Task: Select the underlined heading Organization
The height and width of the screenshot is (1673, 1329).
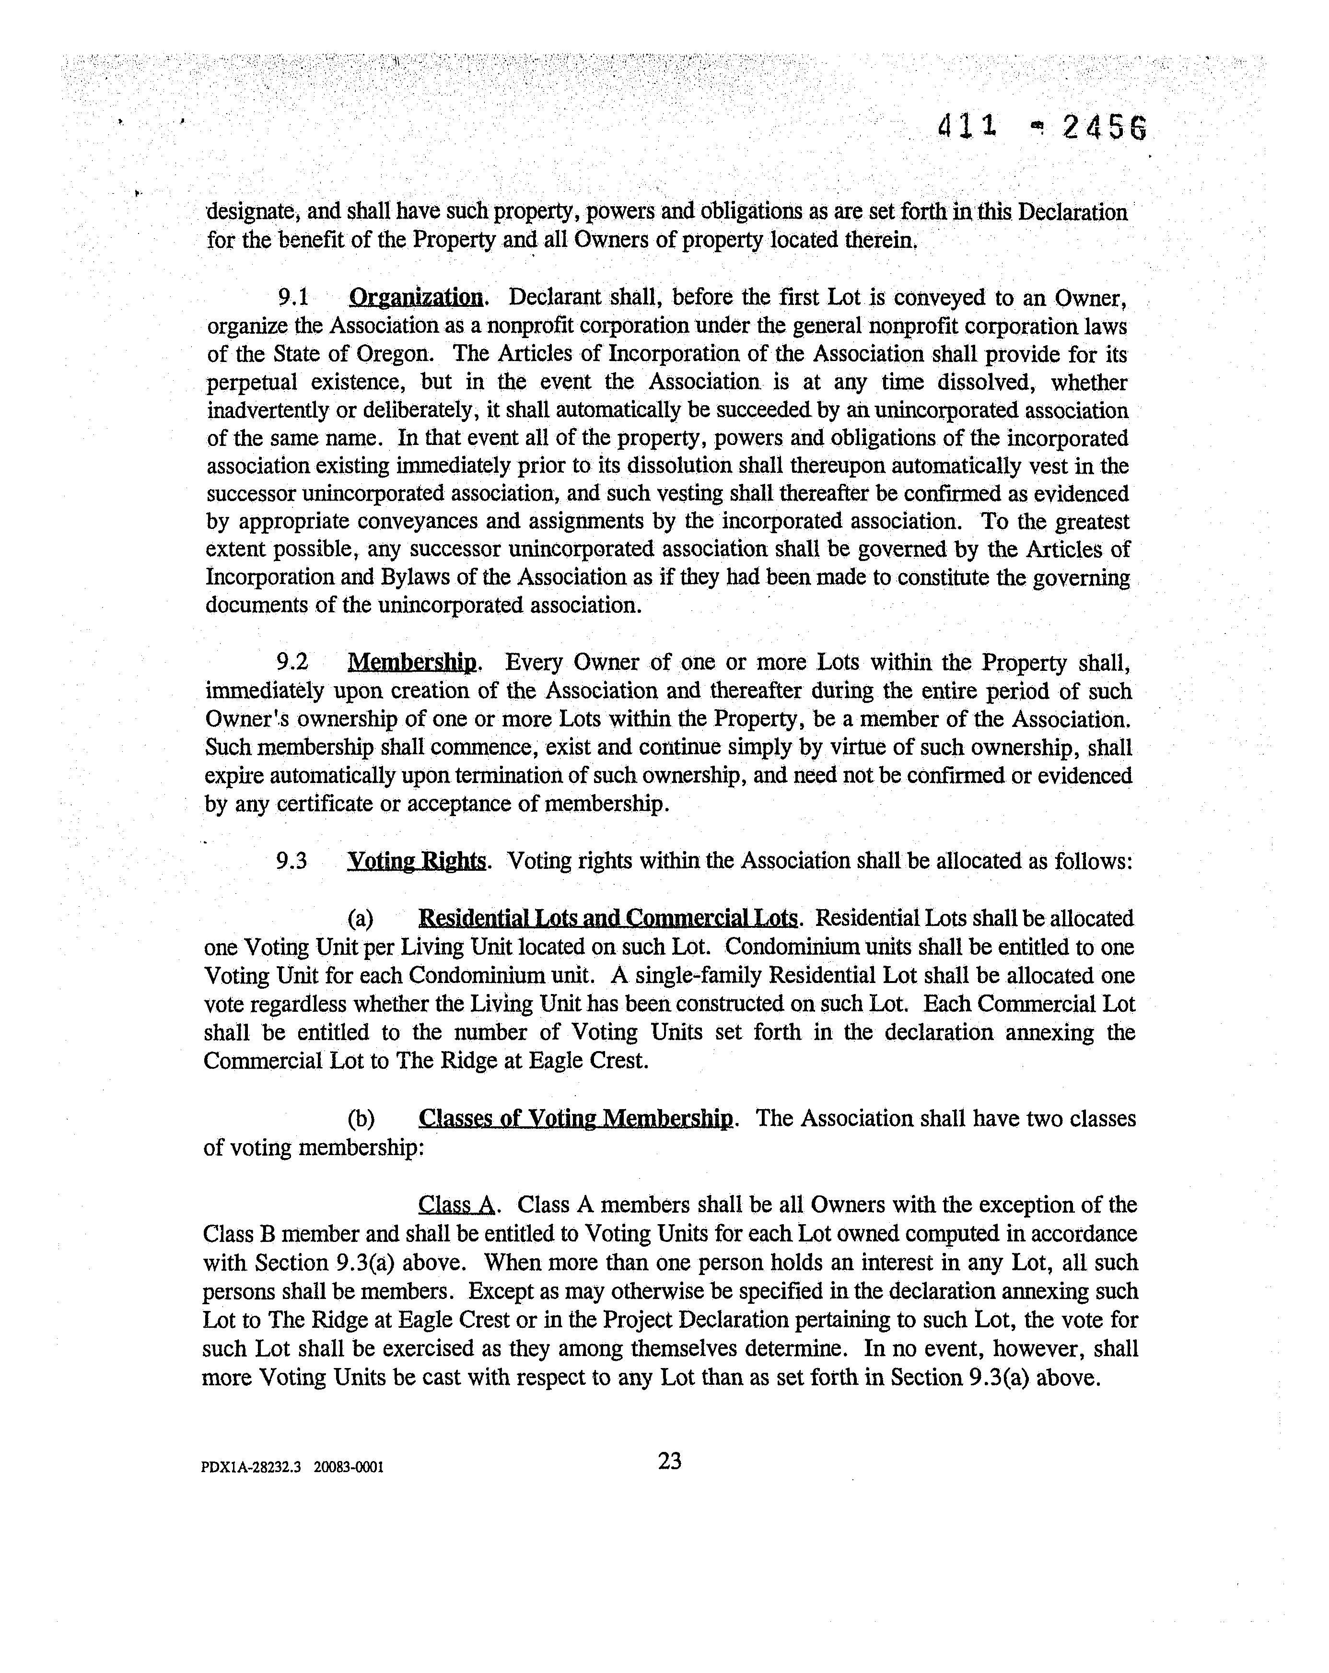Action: pos(416,297)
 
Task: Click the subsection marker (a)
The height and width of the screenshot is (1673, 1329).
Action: pos(360,919)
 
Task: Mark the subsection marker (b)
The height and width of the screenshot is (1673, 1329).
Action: pos(361,1119)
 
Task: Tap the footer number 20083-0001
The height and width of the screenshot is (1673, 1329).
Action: pos(349,1467)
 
